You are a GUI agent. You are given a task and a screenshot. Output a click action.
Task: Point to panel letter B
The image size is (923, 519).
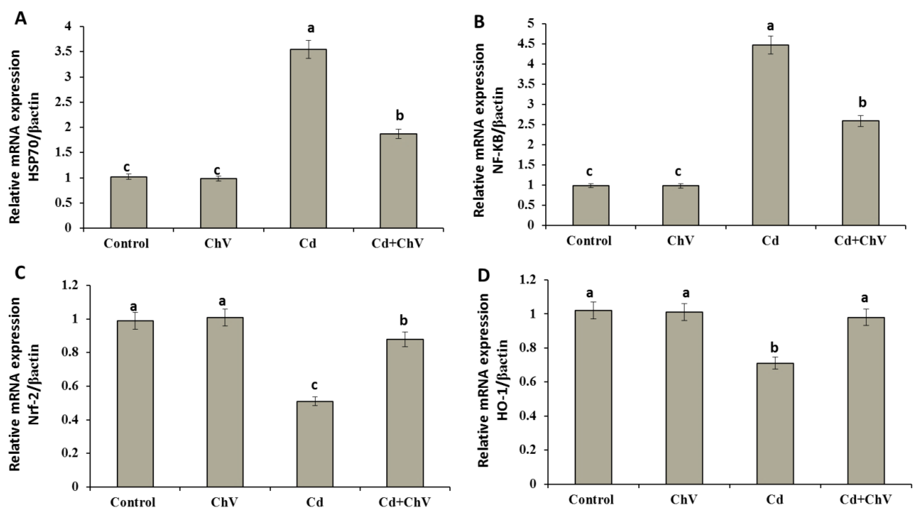coord(479,22)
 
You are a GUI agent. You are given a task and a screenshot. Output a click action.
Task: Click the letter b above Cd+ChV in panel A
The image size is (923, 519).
coord(399,116)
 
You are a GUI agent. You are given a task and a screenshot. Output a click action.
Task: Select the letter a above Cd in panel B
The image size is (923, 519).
coord(770,26)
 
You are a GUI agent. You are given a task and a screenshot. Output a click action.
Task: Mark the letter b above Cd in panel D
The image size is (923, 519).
coord(774,348)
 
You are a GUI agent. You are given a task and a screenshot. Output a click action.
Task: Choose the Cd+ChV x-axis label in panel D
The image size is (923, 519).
coord(865,499)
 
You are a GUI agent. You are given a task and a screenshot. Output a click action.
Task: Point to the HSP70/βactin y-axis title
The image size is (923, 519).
coord(34,136)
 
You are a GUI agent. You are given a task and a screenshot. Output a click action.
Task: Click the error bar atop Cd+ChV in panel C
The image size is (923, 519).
coord(405,339)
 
